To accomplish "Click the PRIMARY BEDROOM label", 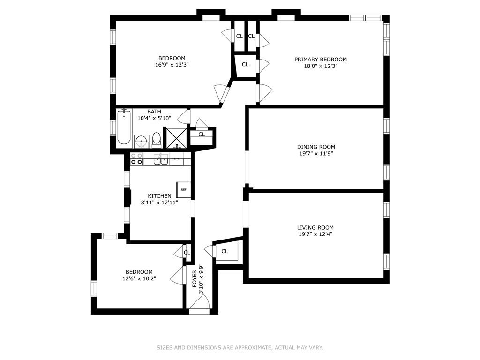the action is [x=321, y=60].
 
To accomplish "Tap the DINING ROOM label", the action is [x=316, y=147].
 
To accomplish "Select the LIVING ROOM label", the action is [x=315, y=227].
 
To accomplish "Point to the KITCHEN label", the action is [x=159, y=196].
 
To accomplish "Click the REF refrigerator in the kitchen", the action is [x=184, y=190].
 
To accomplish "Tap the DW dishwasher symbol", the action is [x=177, y=159].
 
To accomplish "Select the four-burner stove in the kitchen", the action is [x=136, y=159].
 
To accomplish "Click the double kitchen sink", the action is [x=161, y=159].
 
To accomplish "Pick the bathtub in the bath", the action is [x=124, y=127].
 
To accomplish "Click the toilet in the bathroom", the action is [x=157, y=139].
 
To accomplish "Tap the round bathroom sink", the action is [x=142, y=141].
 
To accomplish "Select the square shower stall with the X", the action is [x=177, y=138].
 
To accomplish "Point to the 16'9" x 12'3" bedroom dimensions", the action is [x=170, y=65].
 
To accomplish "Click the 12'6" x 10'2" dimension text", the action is [x=139, y=278].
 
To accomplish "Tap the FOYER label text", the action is [x=195, y=279].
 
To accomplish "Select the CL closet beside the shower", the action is [x=202, y=135].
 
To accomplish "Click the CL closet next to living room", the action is [x=225, y=251].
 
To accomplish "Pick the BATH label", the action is [x=154, y=112].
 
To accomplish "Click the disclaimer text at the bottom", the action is [x=240, y=347].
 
